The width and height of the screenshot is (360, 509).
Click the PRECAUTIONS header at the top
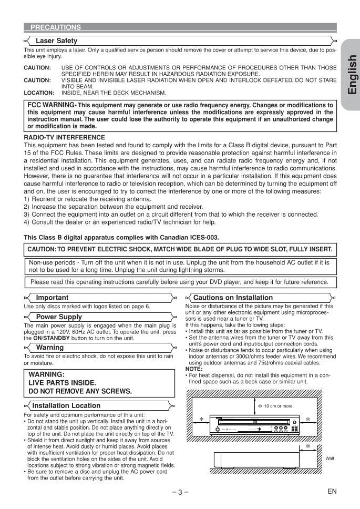click(x=55, y=27)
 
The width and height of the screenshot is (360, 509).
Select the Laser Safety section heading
click(x=56, y=40)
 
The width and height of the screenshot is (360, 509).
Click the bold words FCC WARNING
click(x=52, y=105)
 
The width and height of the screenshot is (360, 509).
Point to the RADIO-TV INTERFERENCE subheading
click(x=64, y=137)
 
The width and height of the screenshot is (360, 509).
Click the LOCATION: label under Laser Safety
click(x=39, y=93)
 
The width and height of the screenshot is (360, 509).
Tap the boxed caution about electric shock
click(x=180, y=249)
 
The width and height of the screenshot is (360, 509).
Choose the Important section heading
click(x=52, y=298)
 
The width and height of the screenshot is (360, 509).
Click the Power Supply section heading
click(x=59, y=317)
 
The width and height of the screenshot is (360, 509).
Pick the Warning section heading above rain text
click(x=50, y=348)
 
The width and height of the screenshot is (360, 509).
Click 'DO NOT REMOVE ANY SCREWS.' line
click(x=80, y=391)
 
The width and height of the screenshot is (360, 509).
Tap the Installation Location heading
click(x=66, y=405)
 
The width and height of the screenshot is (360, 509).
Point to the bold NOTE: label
click(x=194, y=369)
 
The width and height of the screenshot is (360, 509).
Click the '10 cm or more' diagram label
click(x=278, y=406)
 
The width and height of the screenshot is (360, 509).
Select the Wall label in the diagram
click(x=330, y=458)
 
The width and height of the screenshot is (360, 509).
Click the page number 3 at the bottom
click(x=180, y=492)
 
